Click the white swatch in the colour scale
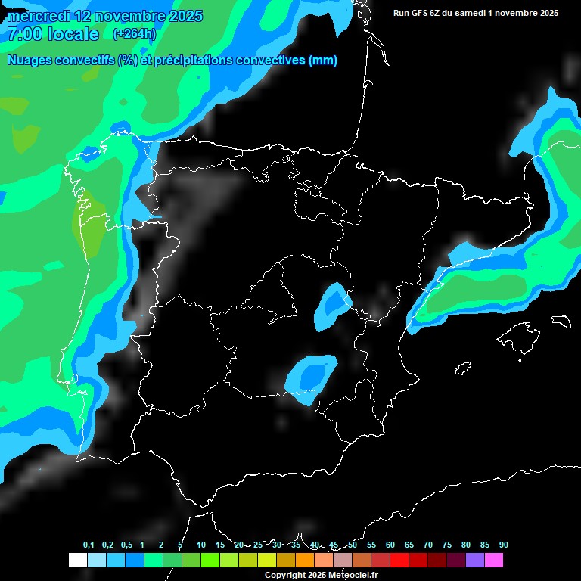tap(77, 560)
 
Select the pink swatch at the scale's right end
tap(494, 560)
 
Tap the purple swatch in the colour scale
tap(475, 560)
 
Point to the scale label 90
tap(504, 545)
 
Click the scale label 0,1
tap(89, 545)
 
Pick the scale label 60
tap(390, 545)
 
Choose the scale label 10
tap(201, 545)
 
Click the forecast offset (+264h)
tap(134, 34)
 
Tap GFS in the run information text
tap(420, 13)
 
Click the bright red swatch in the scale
tap(399, 560)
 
